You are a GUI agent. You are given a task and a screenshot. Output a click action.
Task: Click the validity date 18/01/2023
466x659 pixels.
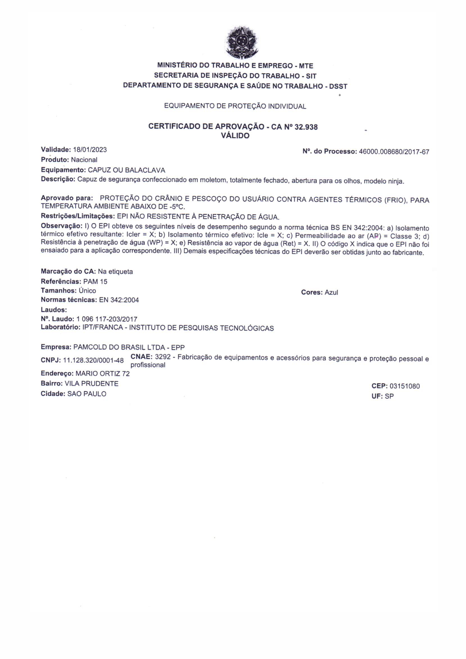tap(90, 150)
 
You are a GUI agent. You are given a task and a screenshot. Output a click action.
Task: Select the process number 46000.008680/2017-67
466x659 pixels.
tap(394, 152)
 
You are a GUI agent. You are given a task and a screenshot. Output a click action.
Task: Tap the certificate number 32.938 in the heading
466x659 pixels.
tap(306, 127)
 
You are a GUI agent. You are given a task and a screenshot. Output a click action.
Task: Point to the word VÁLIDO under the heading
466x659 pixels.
tap(235, 136)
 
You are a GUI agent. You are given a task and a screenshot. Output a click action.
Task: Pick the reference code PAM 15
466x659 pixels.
tap(95, 282)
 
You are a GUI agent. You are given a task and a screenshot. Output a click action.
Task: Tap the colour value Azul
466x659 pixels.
tap(331, 292)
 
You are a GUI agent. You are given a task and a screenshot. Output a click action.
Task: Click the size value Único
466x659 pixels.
tap(87, 291)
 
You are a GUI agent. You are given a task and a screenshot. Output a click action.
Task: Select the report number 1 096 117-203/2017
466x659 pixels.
tap(107, 319)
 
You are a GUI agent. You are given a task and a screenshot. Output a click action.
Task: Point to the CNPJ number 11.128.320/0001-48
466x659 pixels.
tap(93, 360)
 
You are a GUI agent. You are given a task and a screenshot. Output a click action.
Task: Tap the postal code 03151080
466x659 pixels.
tap(405, 386)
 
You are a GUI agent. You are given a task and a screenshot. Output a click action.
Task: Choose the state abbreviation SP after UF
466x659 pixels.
tap(389, 396)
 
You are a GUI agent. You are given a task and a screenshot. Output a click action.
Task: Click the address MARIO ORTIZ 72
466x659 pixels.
tap(103, 373)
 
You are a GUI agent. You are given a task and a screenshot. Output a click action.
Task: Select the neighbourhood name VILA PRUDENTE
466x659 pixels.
tap(92, 384)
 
